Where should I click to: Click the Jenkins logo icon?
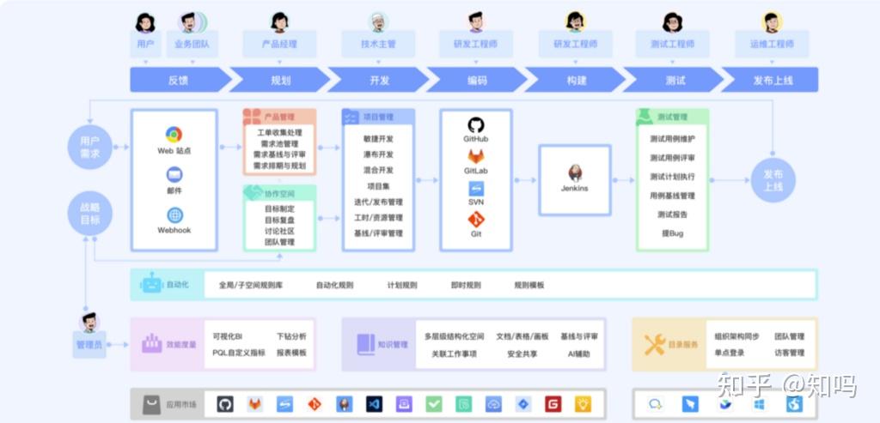click(575, 172)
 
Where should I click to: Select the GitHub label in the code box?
click(475, 139)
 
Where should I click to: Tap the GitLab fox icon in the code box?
click(475, 156)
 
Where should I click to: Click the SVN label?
click(475, 202)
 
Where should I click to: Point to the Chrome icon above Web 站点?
click(174, 135)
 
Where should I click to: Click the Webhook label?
click(174, 230)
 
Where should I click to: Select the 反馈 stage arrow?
click(179, 80)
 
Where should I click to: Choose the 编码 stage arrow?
click(477, 80)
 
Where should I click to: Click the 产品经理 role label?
click(279, 44)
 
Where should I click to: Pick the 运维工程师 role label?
click(772, 44)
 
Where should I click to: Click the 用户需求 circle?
click(89, 147)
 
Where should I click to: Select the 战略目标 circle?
click(89, 214)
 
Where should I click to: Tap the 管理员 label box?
click(89, 345)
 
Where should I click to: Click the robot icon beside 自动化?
click(151, 285)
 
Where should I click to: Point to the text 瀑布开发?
click(378, 154)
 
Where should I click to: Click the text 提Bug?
click(672, 233)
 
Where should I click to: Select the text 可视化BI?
click(228, 337)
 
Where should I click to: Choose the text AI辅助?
click(577, 353)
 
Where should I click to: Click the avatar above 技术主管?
click(378, 21)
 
